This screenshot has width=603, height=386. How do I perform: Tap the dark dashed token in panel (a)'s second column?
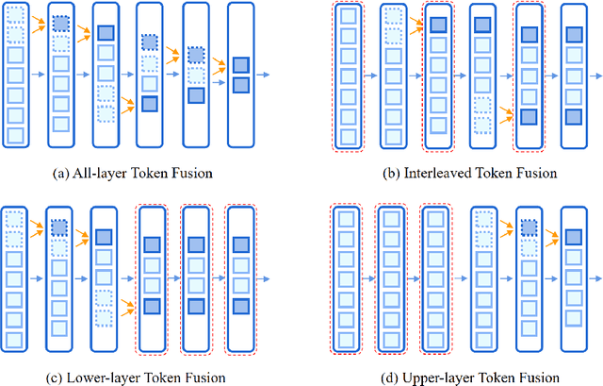click(60, 23)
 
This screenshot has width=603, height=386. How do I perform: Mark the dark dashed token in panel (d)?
click(530, 227)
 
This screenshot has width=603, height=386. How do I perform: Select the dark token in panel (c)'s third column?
click(104, 236)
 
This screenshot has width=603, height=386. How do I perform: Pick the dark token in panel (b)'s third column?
click(437, 25)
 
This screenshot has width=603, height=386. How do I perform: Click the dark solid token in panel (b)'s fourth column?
click(483, 25)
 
